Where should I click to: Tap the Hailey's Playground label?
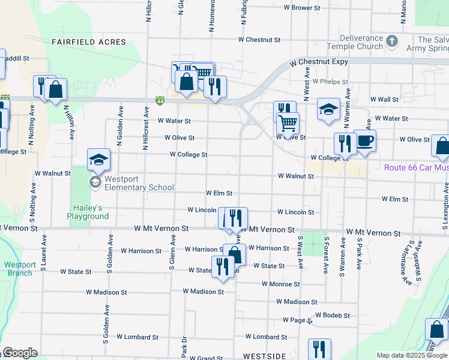tap(88, 212)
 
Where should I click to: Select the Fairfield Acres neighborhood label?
tap(89, 42)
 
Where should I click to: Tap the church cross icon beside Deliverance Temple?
tap(392, 41)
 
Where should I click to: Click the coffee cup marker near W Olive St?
tap(364, 142)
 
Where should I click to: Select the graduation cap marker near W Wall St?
tap(328, 109)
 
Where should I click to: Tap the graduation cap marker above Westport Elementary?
tap(99, 160)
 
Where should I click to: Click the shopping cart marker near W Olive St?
tap(288, 123)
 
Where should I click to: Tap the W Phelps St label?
tap(330, 82)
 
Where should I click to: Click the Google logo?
tap(20, 353)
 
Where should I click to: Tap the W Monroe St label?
tap(280, 284)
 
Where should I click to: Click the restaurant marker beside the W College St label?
tap(344, 144)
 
